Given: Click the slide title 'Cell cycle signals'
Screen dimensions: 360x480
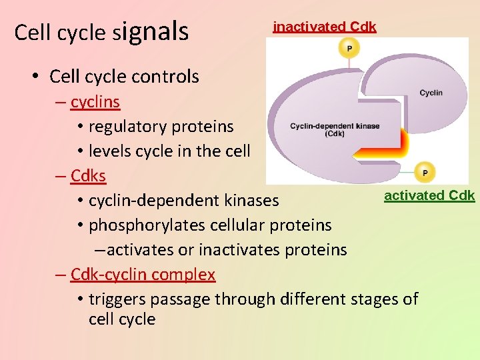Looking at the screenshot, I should (101, 32).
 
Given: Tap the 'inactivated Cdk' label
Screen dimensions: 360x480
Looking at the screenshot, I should (325, 27).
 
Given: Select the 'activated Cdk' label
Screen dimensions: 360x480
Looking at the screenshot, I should (429, 195).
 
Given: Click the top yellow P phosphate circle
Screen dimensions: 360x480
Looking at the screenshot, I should (349, 47).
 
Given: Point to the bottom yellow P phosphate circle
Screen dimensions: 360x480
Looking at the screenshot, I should (424, 172).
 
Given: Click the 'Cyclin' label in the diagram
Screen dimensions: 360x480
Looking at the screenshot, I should (431, 93).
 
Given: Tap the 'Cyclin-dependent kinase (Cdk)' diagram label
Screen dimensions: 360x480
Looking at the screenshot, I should (335, 129).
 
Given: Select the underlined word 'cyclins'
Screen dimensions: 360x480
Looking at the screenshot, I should (95, 102).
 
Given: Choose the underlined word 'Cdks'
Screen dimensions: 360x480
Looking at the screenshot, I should (89, 176).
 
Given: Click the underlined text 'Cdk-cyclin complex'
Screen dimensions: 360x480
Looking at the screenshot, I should (143, 275).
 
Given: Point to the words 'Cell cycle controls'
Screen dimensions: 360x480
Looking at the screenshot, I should (124, 77).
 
